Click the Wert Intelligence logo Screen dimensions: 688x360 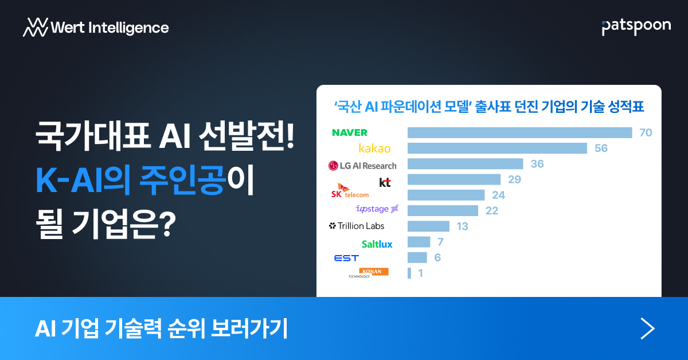click(x=96, y=28)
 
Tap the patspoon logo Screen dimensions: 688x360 click(x=636, y=27)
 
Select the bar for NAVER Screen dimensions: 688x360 click(x=519, y=132)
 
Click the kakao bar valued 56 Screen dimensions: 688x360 click(x=497, y=148)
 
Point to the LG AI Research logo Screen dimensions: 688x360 click(x=362, y=166)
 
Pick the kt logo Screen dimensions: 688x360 click(x=385, y=182)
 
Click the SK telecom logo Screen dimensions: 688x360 click(x=350, y=191)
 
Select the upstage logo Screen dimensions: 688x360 click(x=377, y=209)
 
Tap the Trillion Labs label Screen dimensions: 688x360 click(x=356, y=226)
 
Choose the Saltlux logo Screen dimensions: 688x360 click(x=377, y=244)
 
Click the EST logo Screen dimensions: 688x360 click(x=346, y=258)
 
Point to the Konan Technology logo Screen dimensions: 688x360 click(x=368, y=273)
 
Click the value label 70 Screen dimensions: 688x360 click(x=646, y=132)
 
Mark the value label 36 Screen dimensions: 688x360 click(x=537, y=164)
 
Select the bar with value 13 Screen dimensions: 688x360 click(x=428, y=226)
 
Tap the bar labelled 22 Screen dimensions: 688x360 click(x=443, y=210)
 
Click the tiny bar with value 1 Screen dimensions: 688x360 click(x=409, y=273)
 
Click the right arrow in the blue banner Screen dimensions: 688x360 click(x=647, y=328)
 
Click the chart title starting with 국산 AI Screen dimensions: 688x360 click(x=489, y=107)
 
